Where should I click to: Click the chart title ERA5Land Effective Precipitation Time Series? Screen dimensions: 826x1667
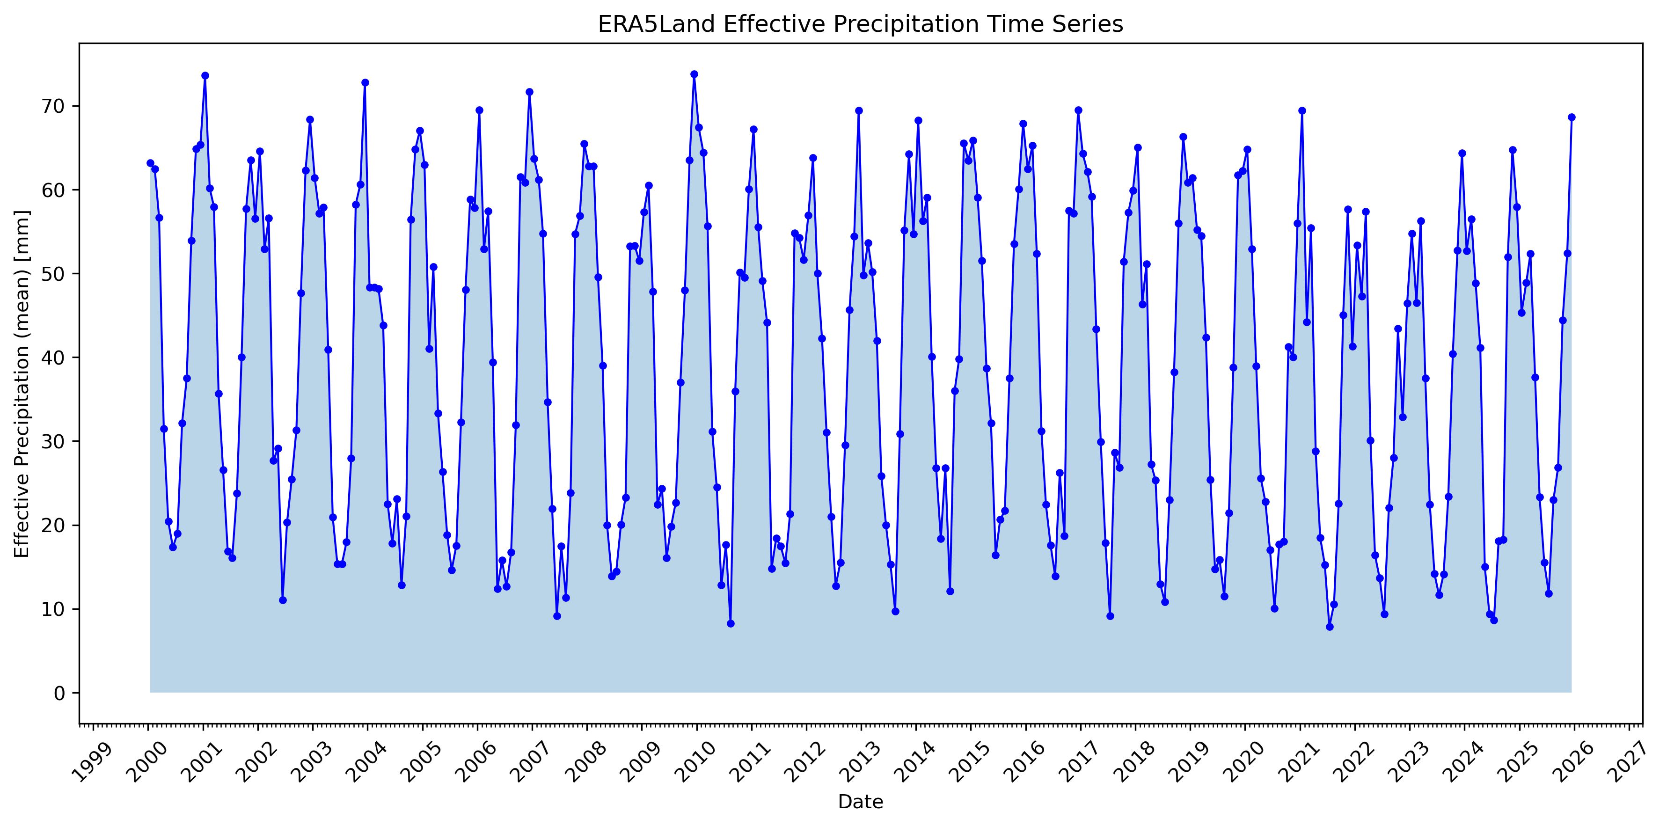[x=860, y=24]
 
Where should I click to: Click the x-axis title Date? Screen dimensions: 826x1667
[x=860, y=802]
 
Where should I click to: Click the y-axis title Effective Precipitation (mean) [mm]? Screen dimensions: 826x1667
[x=22, y=383]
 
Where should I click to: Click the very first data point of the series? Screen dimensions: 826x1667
[x=150, y=163]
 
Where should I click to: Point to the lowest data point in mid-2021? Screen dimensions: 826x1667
[x=1330, y=627]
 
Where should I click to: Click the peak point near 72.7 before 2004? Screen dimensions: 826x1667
[x=365, y=82]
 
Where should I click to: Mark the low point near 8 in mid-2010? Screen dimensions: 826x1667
[x=731, y=623]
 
